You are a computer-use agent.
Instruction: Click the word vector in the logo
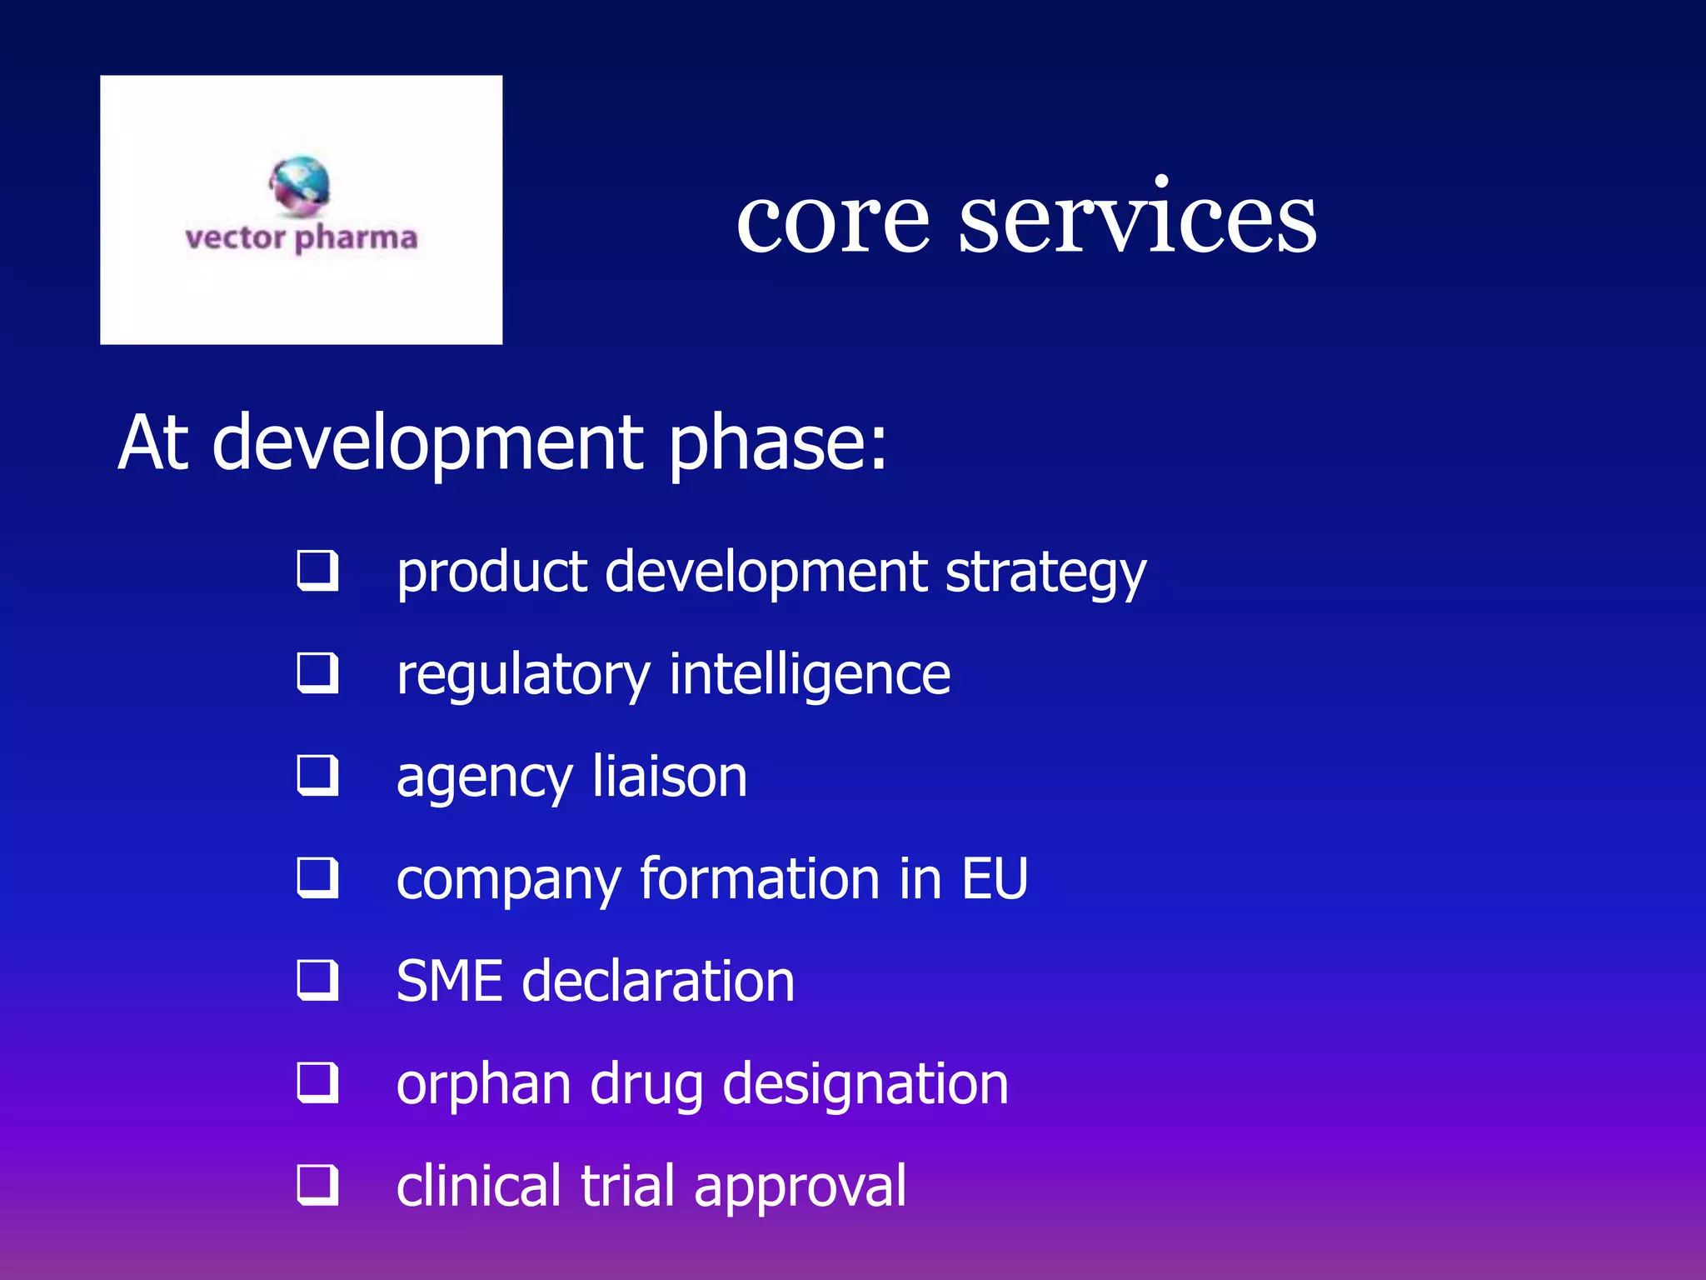[235, 238]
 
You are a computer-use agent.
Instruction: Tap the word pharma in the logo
[356, 239]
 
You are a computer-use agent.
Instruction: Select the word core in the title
[832, 219]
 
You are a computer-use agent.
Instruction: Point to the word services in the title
[1137, 219]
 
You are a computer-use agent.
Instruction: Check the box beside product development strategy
[317, 571]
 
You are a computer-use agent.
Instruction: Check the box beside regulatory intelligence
[317, 673]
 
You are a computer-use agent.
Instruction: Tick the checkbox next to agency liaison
[317, 776]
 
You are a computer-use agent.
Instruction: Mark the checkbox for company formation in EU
[317, 878]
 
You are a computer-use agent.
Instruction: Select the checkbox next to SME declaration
[317, 981]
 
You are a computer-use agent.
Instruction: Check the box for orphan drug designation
[317, 1083]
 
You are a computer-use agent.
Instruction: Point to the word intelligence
[810, 676]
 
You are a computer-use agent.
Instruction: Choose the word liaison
[670, 777]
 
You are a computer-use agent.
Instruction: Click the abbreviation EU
[995, 879]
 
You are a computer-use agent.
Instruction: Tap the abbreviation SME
[449, 981]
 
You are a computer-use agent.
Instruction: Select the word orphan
[483, 1085]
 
